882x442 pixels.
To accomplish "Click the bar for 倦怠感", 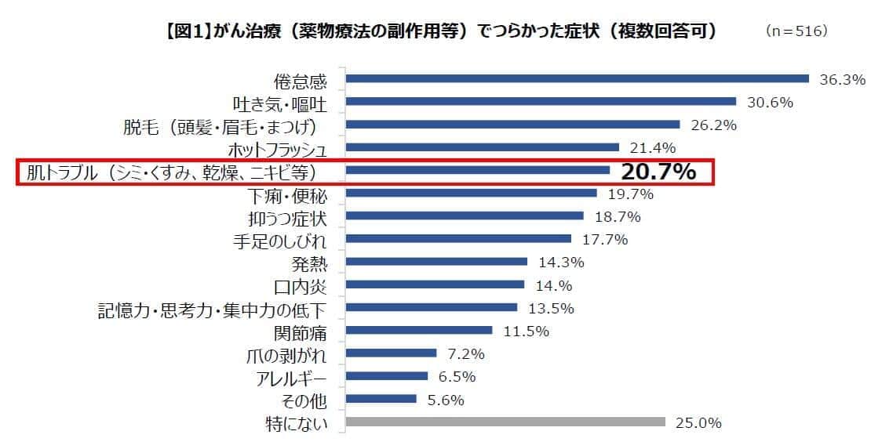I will [x=577, y=78].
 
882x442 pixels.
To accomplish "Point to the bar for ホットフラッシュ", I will [x=483, y=147].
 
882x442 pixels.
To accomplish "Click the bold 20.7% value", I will [x=658, y=172].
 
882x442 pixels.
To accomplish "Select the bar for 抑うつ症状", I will [x=465, y=216].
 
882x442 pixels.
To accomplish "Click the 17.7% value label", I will [x=605, y=239].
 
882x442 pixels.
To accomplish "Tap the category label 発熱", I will [x=308, y=262].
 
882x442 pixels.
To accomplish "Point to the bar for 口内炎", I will [x=435, y=284].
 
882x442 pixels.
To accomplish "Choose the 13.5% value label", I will [x=551, y=307].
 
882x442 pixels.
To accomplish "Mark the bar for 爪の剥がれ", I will [x=391, y=353].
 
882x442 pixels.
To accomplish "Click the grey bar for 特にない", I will [x=505, y=422].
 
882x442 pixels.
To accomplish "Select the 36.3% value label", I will [x=842, y=79].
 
